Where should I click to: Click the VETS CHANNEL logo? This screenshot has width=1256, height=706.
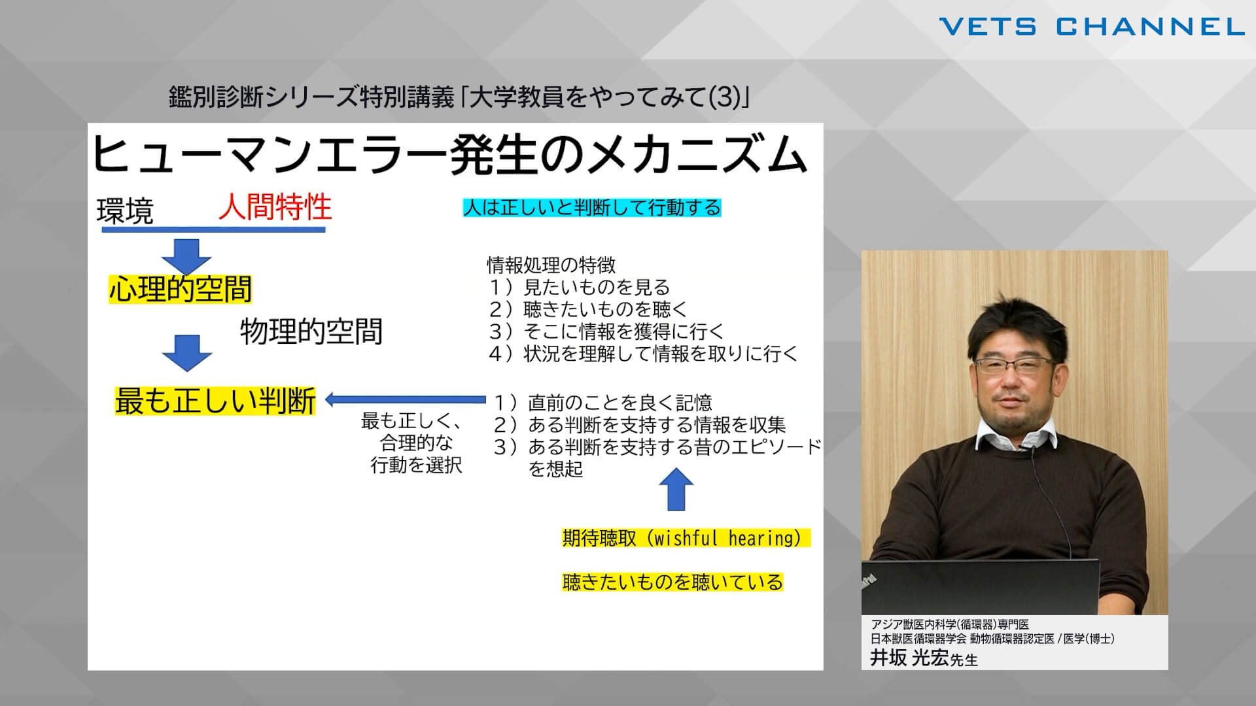tap(1091, 27)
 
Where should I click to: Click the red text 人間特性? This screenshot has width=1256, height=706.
tap(275, 207)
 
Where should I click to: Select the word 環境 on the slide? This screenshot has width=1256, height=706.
tap(125, 211)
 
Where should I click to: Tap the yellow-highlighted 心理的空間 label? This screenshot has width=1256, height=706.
tap(181, 289)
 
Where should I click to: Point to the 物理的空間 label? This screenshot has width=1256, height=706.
tap(311, 331)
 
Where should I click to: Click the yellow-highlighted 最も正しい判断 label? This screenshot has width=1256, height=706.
tap(215, 401)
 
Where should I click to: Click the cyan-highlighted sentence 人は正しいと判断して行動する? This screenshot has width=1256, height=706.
tap(592, 208)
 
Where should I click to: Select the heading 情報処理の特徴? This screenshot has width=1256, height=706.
tap(551, 265)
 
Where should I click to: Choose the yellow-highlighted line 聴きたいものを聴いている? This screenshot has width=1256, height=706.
tap(672, 582)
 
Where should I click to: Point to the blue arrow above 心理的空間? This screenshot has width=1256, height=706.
tap(186, 257)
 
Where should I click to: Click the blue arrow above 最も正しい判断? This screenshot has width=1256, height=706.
tap(186, 353)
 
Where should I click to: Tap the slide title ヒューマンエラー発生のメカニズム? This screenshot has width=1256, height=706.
tap(449, 154)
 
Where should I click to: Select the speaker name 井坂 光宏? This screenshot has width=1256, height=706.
tap(909, 658)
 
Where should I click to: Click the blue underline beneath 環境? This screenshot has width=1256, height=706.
tap(213, 229)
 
